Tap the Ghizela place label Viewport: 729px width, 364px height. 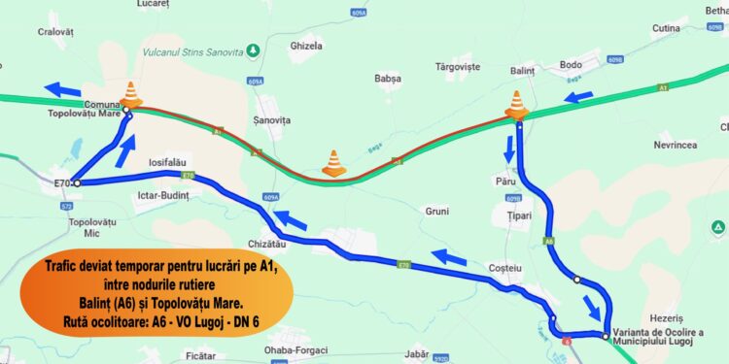coord(306,46)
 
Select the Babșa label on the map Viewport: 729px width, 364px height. coord(388,78)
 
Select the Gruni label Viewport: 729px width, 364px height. coord(437,211)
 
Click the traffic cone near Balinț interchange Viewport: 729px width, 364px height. coord(516,104)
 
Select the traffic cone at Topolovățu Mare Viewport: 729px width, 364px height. coord(131,94)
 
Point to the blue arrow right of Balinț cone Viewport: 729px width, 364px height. coord(579,96)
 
